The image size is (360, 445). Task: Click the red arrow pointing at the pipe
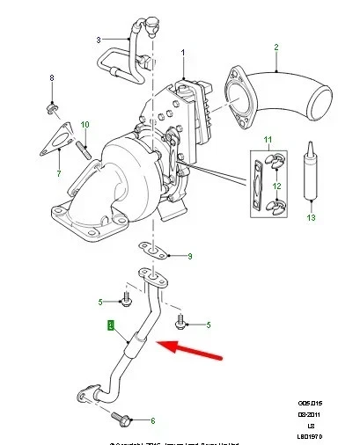click(189, 350)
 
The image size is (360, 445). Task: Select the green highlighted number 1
click(109, 326)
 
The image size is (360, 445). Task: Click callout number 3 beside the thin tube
click(99, 39)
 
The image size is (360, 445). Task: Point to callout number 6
click(152, 421)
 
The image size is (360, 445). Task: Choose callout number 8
click(52, 79)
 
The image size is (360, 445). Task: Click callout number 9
click(190, 257)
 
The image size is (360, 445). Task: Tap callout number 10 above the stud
click(85, 124)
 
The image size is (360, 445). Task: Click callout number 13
click(309, 217)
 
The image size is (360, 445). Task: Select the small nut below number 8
click(52, 109)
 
